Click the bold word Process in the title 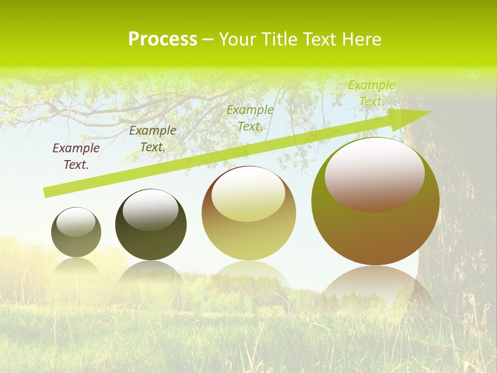pos(163,39)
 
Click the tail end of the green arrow pos(47,192)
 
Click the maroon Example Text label pos(76,156)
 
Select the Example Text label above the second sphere pos(153,138)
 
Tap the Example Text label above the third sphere pos(250,118)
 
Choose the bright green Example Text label pos(372,93)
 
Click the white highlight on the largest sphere pos(374,174)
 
